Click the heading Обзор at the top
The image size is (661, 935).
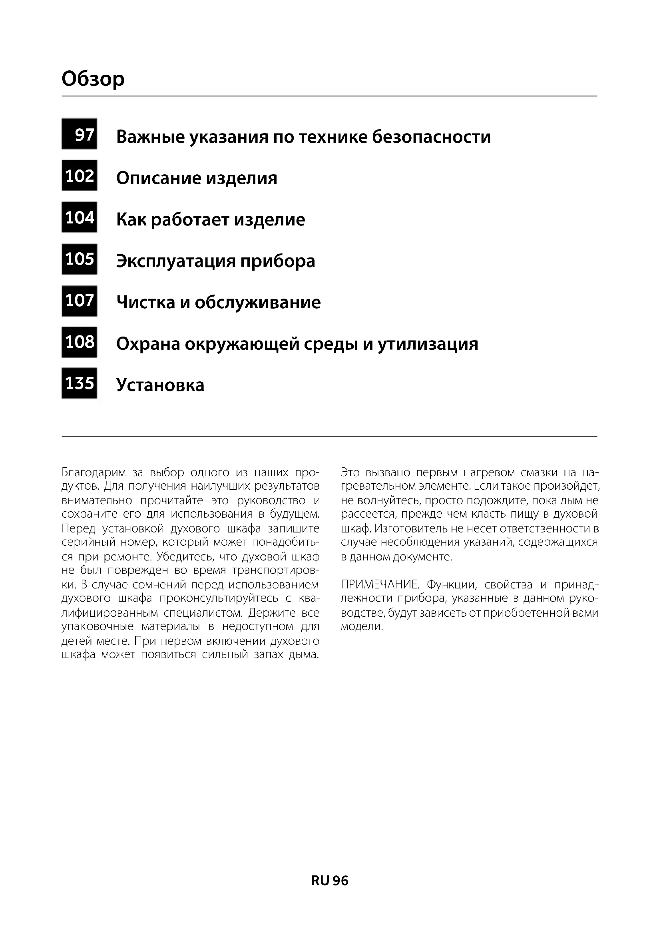(93, 79)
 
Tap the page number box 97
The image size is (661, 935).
(80, 134)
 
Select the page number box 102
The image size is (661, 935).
(80, 175)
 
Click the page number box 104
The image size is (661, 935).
(80, 217)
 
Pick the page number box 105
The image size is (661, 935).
(80, 259)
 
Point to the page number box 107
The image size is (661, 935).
(80, 301)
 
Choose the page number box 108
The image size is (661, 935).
(80, 342)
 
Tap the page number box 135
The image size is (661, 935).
(80, 383)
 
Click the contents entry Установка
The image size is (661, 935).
(160, 385)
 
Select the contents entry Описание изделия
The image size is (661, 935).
(197, 178)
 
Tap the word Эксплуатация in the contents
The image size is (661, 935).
(175, 261)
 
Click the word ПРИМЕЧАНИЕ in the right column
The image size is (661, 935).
(379, 585)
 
